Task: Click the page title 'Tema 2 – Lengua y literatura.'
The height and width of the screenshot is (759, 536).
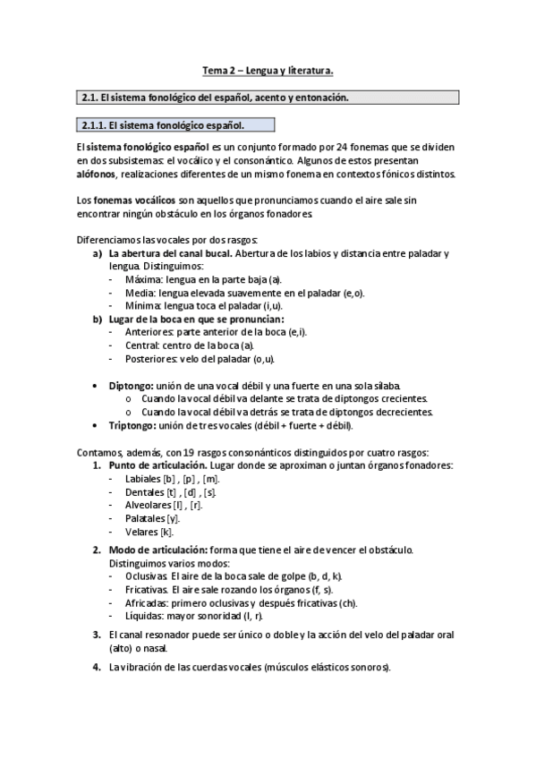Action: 268,70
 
